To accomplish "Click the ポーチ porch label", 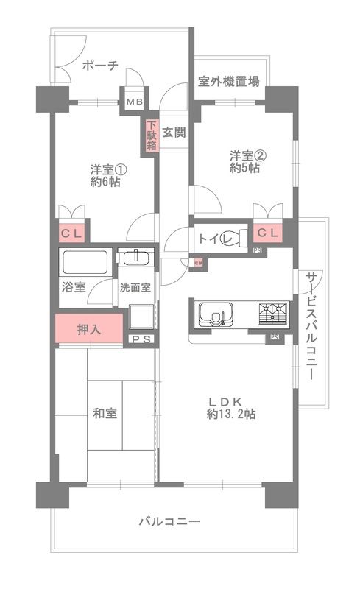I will pos(100,65).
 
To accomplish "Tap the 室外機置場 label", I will pos(228,82).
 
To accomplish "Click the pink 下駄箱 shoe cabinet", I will pos(151,135).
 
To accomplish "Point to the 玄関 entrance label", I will pos(174,133).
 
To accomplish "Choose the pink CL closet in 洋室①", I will pos(71,234).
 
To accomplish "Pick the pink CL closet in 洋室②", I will pos(268,233).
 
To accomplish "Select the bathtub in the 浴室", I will pos(85,261).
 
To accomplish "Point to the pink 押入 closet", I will pos(88,329).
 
